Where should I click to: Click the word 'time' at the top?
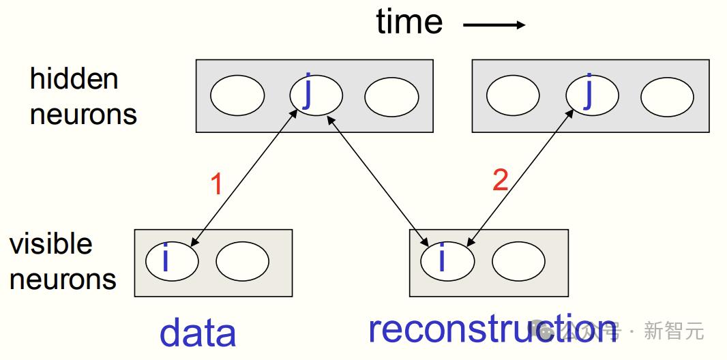[x=409, y=22]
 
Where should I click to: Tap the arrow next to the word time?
[x=494, y=25]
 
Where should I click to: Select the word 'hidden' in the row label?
[x=74, y=79]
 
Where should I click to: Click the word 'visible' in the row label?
[x=51, y=243]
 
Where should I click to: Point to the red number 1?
[x=217, y=184]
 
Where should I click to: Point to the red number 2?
[x=501, y=180]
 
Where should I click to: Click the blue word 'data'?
[x=198, y=333]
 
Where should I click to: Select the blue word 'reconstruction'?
[x=493, y=329]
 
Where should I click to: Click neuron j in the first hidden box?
[x=316, y=95]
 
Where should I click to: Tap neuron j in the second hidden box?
[x=592, y=95]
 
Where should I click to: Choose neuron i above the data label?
[x=172, y=260]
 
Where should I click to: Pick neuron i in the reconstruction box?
[x=447, y=260]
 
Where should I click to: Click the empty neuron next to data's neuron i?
[x=243, y=261]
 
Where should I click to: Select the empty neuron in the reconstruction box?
[x=518, y=261]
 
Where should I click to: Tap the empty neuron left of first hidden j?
[x=237, y=95]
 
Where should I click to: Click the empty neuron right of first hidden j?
[x=391, y=97]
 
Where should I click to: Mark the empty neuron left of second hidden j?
[x=514, y=95]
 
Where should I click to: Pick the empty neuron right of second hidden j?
[x=667, y=97]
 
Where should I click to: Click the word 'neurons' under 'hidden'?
[x=83, y=114]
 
